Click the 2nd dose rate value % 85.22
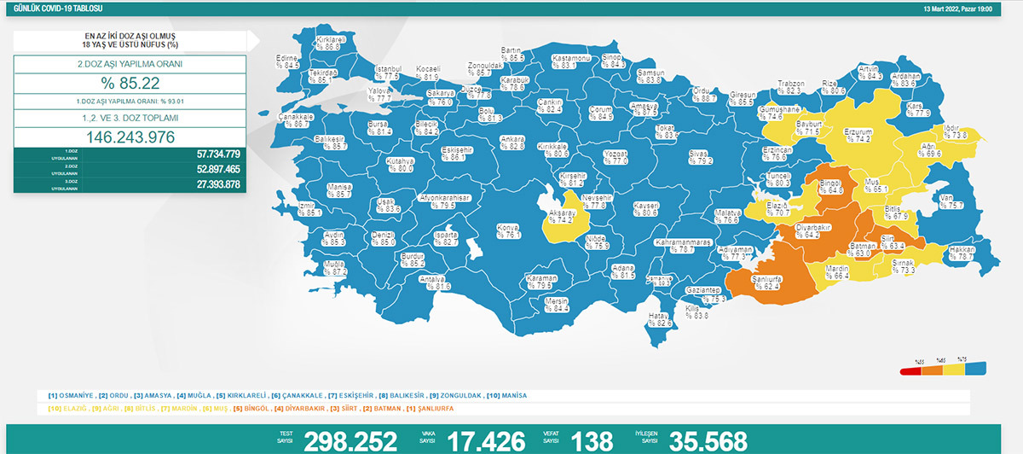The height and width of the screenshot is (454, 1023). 130,84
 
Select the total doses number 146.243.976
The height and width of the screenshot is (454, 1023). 130,137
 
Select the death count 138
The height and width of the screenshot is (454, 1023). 593,440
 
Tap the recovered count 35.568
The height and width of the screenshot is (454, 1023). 708,440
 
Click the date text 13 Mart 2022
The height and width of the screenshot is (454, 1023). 947,8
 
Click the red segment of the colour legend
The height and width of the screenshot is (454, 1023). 910,370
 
